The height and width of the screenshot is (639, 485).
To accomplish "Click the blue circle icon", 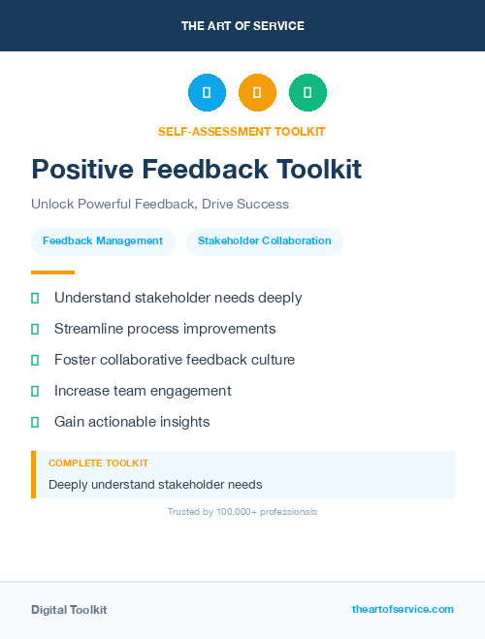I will [x=207, y=92].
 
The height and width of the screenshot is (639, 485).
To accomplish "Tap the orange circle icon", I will [x=257, y=92].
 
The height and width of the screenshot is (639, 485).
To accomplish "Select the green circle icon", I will [x=307, y=92].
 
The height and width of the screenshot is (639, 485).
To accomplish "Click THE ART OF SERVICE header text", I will [x=242, y=26].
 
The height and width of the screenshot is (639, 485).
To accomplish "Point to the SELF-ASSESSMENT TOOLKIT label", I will [x=242, y=131].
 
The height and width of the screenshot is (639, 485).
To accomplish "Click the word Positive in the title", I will [x=82, y=170].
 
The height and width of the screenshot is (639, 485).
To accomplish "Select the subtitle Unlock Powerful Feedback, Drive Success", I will [x=160, y=205].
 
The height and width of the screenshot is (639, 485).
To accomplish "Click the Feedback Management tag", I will [x=103, y=240].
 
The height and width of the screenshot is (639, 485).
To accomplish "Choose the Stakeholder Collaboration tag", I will [x=264, y=240].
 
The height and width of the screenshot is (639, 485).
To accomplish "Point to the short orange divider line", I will [x=52, y=272].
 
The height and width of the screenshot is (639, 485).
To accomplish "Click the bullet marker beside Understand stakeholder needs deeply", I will [x=35, y=298].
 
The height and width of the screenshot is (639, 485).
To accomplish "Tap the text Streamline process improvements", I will [x=165, y=329].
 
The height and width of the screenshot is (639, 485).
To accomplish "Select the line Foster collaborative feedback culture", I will [x=175, y=360].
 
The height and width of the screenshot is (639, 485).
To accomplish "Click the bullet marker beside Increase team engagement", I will [x=35, y=391].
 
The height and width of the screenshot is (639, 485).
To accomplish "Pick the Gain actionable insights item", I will [x=132, y=422].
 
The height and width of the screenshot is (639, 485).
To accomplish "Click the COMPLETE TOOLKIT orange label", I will [x=98, y=463].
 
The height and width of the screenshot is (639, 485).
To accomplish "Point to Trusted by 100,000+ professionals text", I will [x=242, y=511].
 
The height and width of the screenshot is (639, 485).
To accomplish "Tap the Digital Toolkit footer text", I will [x=69, y=610].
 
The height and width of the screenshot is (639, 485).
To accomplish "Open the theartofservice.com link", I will [x=403, y=609].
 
